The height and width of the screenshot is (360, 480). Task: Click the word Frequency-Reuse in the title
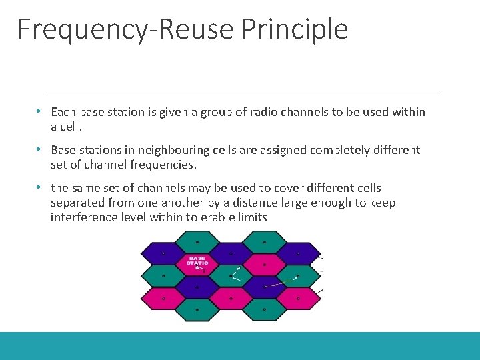[126, 29]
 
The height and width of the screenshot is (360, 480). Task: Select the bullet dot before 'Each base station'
[40, 111]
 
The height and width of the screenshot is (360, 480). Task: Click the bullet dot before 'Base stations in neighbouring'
[40, 149]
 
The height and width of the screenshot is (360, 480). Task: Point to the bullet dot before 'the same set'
[40, 187]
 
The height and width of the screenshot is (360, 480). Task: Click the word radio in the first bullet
[256, 112]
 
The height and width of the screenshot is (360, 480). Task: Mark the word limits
[252, 217]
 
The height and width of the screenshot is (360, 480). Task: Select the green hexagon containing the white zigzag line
[231, 274]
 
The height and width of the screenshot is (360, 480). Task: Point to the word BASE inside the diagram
[197, 258]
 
